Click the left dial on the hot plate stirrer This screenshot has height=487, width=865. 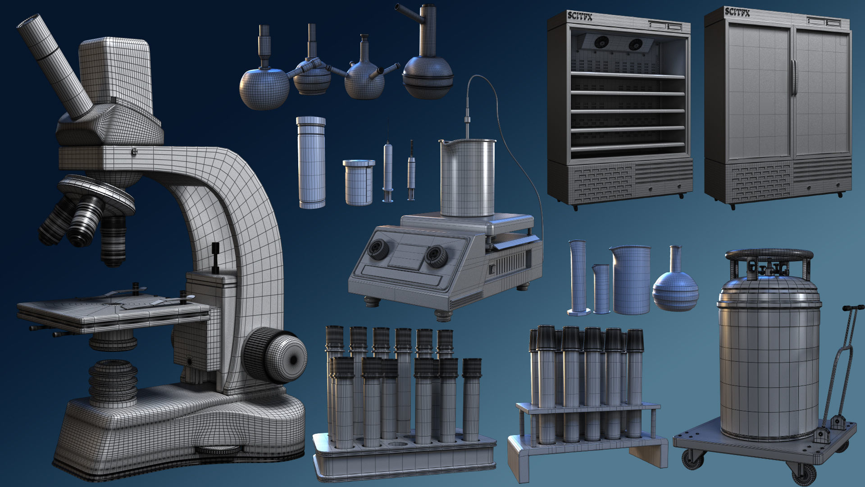[378, 249]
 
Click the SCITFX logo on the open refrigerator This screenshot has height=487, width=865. [580, 16]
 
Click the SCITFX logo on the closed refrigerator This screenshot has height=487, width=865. [738, 12]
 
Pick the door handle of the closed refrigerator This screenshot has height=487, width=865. [793, 77]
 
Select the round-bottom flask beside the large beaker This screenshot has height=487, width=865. [675, 284]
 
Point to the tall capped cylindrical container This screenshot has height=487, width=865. [311, 162]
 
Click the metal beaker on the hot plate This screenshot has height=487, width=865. [468, 178]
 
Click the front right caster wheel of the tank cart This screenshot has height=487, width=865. [804, 473]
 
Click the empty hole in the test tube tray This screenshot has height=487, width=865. [397, 444]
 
